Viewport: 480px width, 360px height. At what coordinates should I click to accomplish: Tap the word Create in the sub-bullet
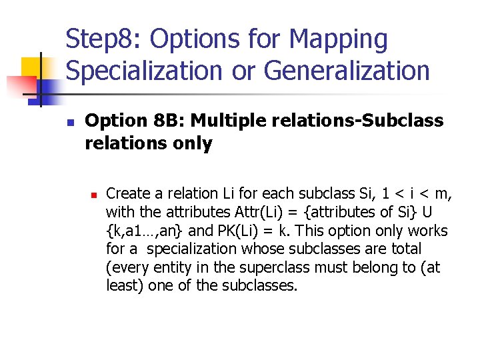[x=127, y=194]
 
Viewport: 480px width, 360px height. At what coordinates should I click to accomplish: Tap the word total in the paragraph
[x=406, y=249]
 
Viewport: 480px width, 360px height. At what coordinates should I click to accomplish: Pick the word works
[x=427, y=231]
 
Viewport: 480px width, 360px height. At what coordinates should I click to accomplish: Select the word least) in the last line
[x=125, y=286]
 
